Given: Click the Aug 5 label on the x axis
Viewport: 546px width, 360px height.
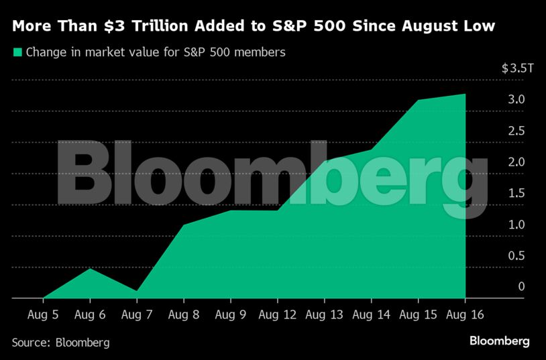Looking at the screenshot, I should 42,314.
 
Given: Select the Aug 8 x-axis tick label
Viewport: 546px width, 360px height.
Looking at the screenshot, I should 183,314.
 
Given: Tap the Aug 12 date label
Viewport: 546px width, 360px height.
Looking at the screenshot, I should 277,314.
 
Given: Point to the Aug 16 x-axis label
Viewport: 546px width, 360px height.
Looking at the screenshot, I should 465,314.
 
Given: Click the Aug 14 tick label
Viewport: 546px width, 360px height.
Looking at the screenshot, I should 371,314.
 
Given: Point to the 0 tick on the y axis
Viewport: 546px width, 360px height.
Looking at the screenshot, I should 521,287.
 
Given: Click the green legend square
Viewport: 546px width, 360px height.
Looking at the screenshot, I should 17,52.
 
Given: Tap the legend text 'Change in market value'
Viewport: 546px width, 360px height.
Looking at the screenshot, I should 87,52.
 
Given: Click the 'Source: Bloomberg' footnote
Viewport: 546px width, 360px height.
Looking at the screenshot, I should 60,343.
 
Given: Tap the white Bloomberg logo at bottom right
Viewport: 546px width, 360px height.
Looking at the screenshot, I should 499,341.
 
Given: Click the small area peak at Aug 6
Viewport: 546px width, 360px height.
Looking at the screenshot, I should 89,268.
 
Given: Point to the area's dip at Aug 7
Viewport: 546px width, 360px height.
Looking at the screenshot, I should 136,291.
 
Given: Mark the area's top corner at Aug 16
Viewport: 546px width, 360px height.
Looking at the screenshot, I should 465,94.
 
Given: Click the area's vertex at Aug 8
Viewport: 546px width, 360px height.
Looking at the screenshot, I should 183,225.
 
